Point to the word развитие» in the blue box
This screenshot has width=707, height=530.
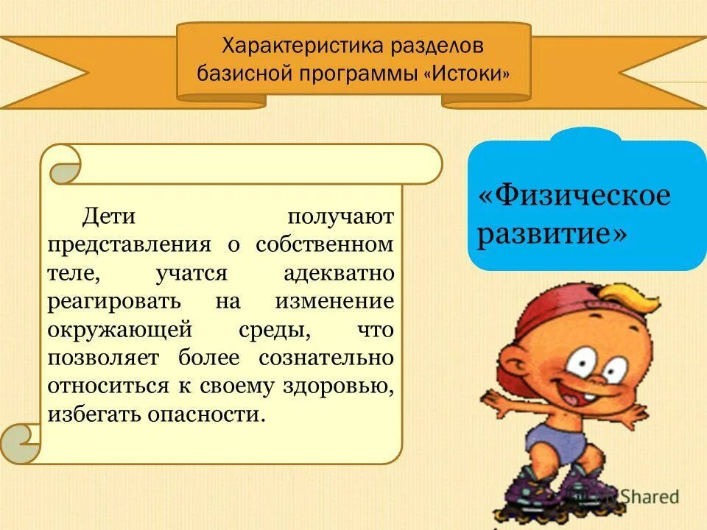tap(553, 234)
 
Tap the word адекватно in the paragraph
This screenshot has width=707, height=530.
tap(339, 273)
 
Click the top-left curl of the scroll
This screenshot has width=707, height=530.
tap(64, 166)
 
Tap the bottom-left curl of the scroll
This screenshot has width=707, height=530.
tap(20, 443)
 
